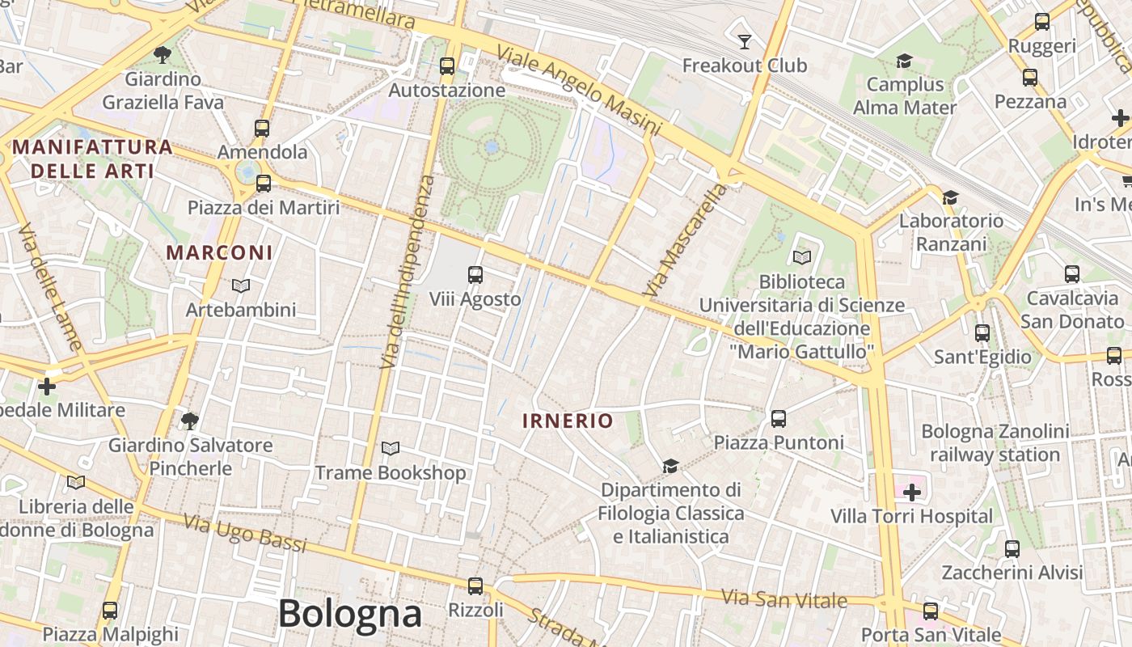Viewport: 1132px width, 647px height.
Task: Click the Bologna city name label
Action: click(x=349, y=615)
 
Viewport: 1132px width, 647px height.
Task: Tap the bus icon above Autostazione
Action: click(x=447, y=66)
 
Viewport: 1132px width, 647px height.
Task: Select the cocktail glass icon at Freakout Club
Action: click(x=745, y=40)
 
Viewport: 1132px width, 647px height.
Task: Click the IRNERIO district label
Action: click(x=568, y=421)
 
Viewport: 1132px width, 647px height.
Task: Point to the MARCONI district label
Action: click(x=220, y=252)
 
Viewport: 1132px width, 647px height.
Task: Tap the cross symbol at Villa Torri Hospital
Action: click(x=912, y=492)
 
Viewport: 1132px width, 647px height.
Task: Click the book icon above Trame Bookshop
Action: click(x=391, y=448)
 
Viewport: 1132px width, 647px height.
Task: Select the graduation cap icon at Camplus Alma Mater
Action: click(x=904, y=61)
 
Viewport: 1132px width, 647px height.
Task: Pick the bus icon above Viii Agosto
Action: click(x=475, y=275)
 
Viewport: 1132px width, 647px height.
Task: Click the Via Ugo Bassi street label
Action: click(x=245, y=533)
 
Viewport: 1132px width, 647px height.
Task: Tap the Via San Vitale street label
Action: click(x=784, y=599)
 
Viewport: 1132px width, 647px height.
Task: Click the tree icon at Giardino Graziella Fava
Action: click(x=163, y=55)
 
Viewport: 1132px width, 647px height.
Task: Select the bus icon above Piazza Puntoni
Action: click(x=779, y=418)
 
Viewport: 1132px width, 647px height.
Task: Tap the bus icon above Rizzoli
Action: click(x=475, y=586)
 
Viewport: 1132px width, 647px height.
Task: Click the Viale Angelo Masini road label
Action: click(x=579, y=89)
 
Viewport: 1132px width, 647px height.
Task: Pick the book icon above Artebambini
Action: click(x=240, y=285)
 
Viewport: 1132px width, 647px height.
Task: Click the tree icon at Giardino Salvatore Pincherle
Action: click(x=190, y=421)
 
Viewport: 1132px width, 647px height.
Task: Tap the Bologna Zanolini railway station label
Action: click(x=995, y=443)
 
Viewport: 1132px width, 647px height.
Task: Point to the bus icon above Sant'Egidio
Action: click(x=982, y=332)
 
